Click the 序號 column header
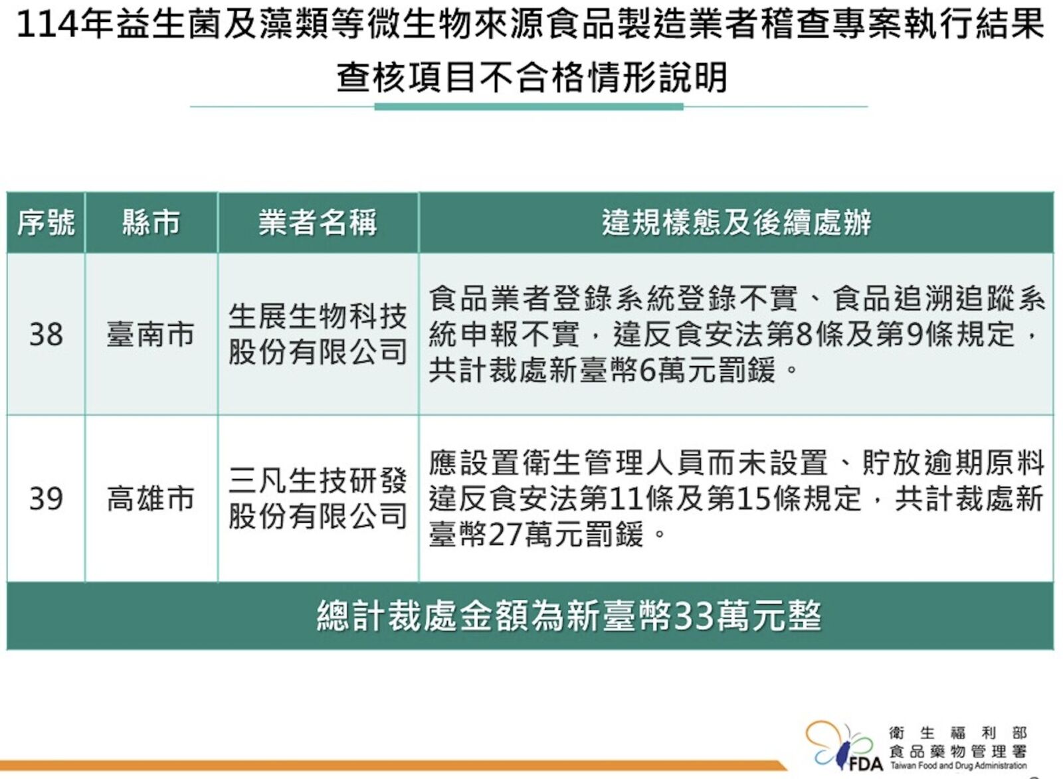point(46,222)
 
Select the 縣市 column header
point(151,222)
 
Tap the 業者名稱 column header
point(318,222)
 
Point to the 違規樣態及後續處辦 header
point(737,222)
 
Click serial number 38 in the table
point(46,335)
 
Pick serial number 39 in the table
point(46,499)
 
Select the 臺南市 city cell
point(151,335)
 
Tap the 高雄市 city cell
point(151,499)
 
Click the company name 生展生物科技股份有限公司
point(318,335)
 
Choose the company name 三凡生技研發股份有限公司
point(318,499)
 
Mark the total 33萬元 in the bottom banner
point(728,616)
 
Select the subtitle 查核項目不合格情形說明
point(531,78)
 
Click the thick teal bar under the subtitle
point(529,107)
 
